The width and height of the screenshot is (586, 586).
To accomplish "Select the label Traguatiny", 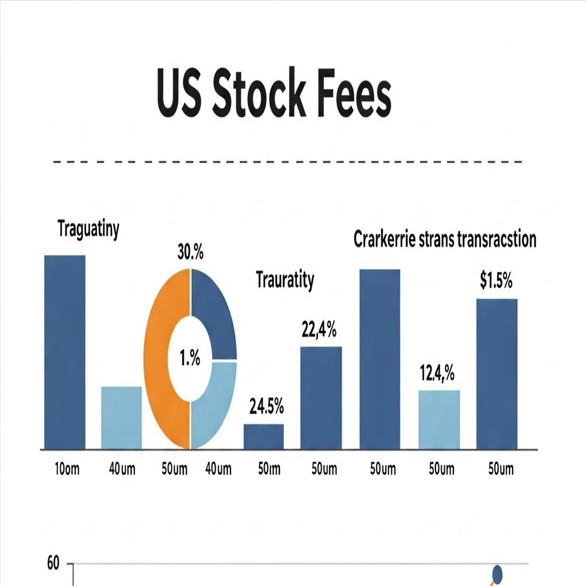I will pyautogui.click(x=89, y=229).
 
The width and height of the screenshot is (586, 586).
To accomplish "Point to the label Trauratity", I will pyautogui.click(x=285, y=280).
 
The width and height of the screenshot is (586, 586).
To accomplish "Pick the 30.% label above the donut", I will pyautogui.click(x=190, y=254).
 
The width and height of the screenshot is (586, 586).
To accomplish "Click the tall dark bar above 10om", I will pyautogui.click(x=65, y=352).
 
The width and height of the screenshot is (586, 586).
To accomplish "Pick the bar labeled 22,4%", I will pyautogui.click(x=321, y=398).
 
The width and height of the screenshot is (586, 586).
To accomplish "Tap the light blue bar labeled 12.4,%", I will pyautogui.click(x=439, y=419).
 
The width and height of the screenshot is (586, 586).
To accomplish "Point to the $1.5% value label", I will pyautogui.click(x=496, y=281).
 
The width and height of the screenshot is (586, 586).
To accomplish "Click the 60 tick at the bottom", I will pyautogui.click(x=52, y=564).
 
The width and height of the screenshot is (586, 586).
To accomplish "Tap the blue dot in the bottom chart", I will pyautogui.click(x=497, y=574).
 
